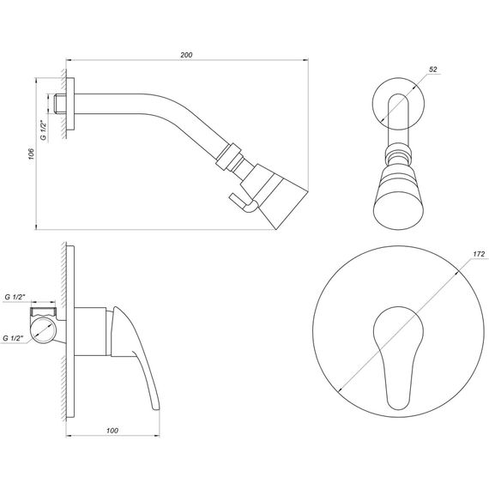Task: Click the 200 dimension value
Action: coord(186,55)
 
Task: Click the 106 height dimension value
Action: coord(31,154)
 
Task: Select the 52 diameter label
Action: coord(433,69)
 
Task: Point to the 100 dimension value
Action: coord(112,431)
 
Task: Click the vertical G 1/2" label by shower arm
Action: coord(44,130)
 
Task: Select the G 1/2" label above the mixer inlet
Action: coord(15,297)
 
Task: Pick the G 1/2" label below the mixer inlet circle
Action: coord(13,338)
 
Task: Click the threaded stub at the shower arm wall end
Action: coord(60,104)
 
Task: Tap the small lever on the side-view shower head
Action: coord(244,202)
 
